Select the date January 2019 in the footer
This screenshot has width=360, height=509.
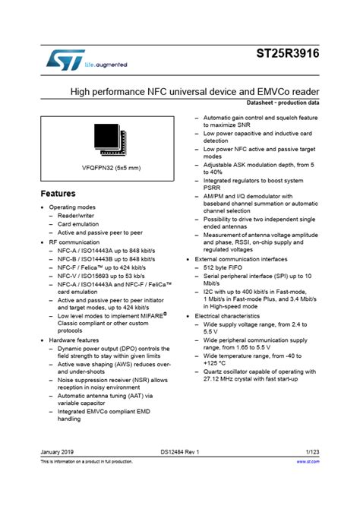pyautogui.click(x=58, y=452)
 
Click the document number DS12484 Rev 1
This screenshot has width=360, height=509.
pyautogui.click(x=180, y=452)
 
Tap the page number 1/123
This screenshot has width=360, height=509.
pyautogui.click(x=311, y=452)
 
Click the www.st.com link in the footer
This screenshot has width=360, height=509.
pyautogui.click(x=308, y=461)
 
